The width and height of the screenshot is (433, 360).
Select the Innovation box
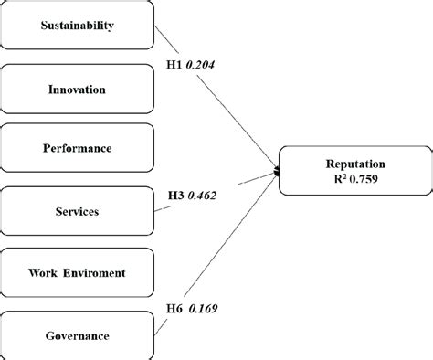(77, 89)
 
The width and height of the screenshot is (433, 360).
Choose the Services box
(77, 212)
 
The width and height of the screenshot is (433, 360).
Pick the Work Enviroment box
(77, 273)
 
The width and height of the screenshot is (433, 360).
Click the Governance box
(77, 335)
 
